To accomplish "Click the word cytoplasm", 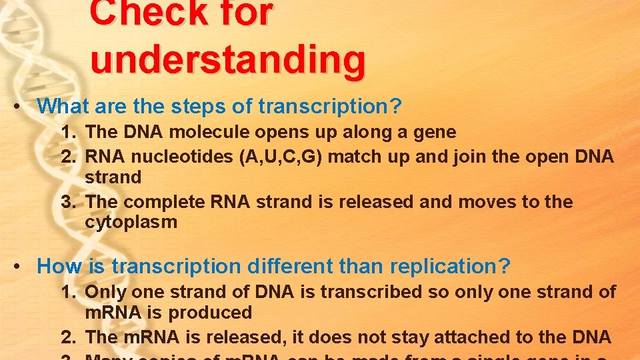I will [131, 223].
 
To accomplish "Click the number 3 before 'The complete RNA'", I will [67, 201].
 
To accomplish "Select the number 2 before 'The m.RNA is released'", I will [67, 337].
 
